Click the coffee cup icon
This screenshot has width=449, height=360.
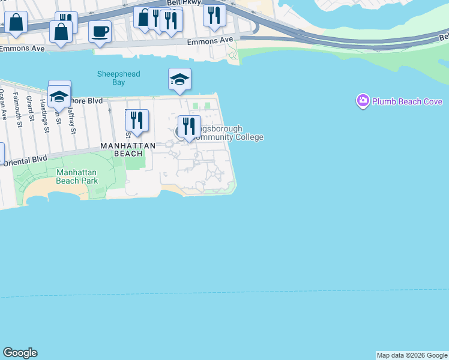(x=100, y=31)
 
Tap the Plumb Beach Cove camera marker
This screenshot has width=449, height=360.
(x=363, y=101)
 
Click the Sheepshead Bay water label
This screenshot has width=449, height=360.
(x=119, y=78)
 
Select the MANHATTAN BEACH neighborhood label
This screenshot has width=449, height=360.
(x=128, y=149)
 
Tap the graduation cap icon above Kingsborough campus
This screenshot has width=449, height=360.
(x=179, y=79)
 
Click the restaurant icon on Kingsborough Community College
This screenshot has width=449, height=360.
(x=189, y=127)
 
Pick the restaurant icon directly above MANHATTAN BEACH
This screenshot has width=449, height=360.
(x=137, y=121)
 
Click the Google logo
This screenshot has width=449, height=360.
(x=20, y=353)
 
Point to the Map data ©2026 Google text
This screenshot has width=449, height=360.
(x=412, y=355)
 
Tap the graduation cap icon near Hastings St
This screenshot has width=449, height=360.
(x=59, y=95)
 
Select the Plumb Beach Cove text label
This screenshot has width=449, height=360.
(x=407, y=101)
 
